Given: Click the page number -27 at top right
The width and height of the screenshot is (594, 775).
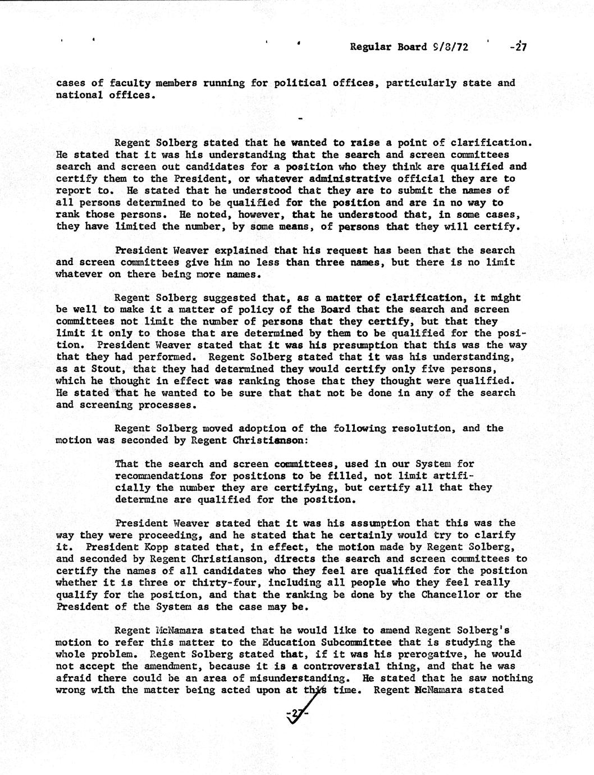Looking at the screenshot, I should pos(517,47).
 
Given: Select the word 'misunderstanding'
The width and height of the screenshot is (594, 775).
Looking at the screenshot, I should pos(296,678).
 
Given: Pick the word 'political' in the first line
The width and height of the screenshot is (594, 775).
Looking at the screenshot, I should pos(300,83).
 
